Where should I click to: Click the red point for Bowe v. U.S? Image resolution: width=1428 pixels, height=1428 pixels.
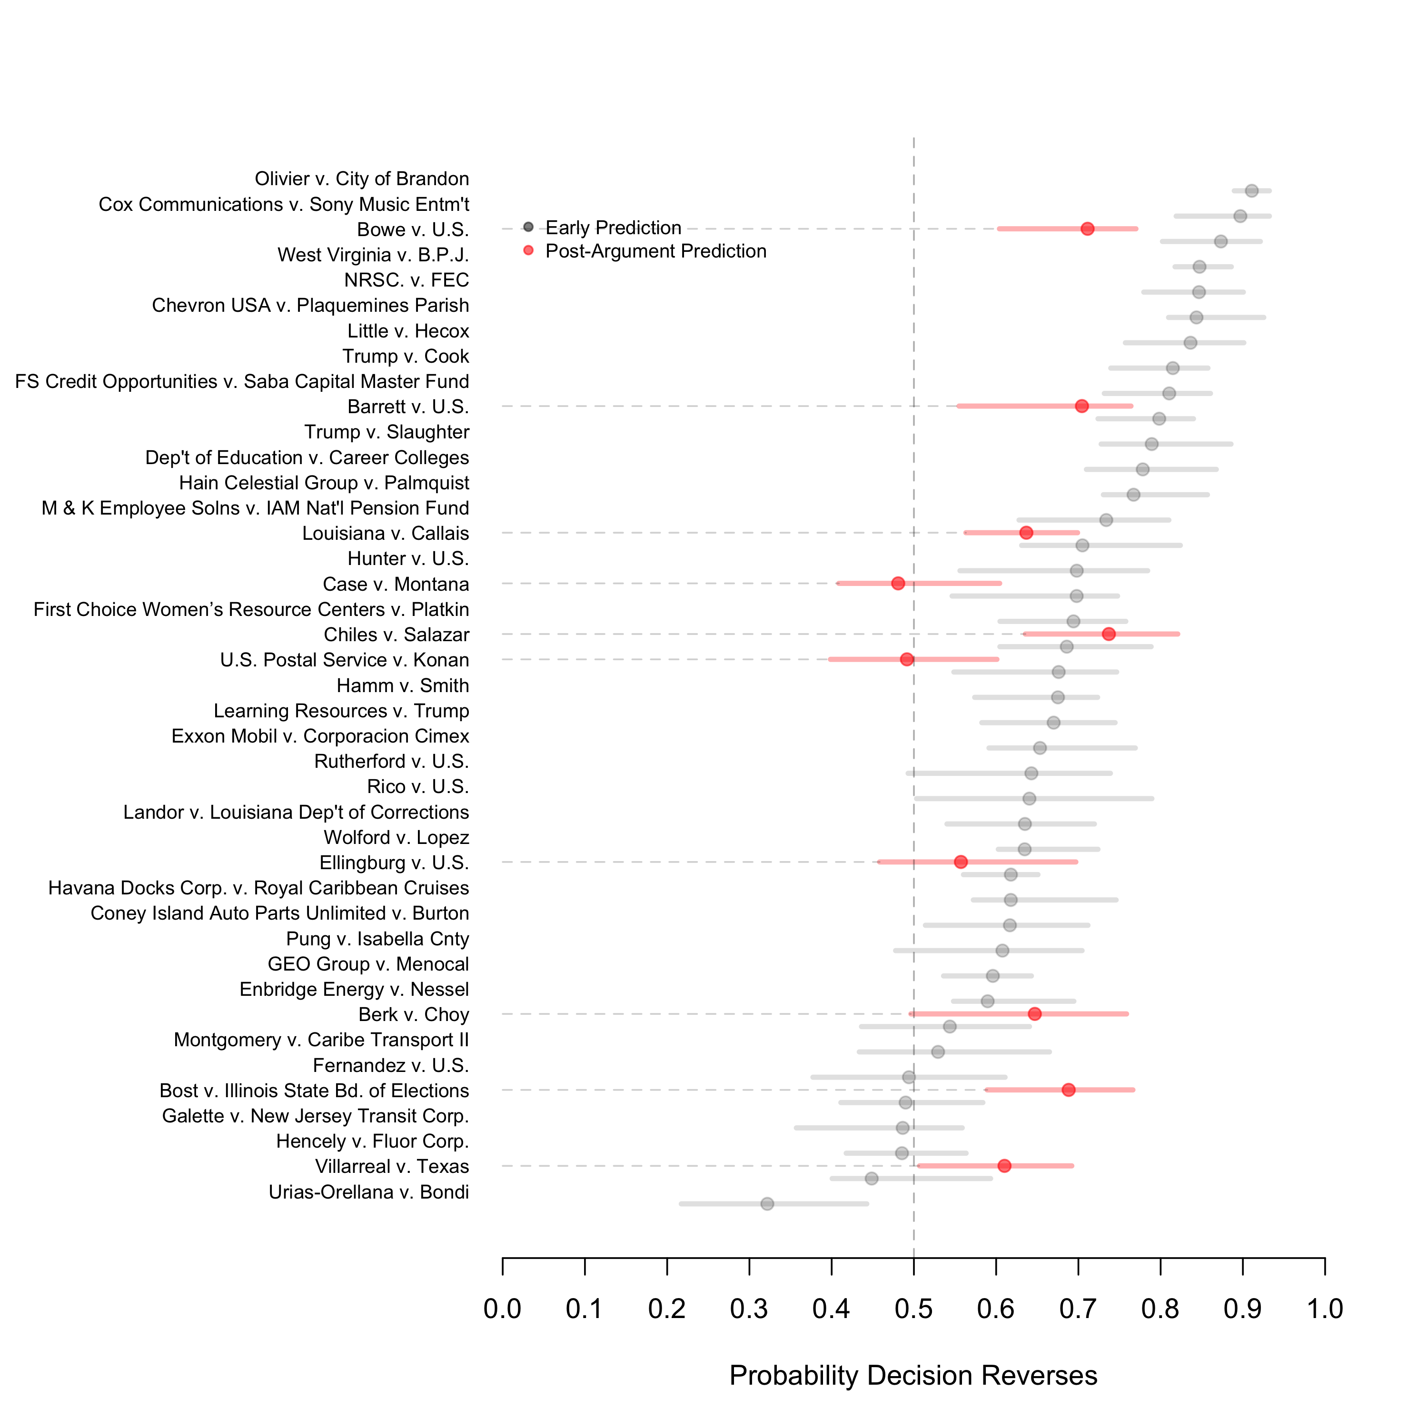[1087, 229]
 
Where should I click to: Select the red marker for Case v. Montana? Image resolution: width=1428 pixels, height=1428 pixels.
[898, 583]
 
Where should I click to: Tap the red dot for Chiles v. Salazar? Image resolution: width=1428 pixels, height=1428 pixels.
[1109, 634]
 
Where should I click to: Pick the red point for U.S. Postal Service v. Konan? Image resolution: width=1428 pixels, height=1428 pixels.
[907, 659]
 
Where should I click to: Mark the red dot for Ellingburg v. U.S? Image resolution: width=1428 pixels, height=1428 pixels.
[961, 862]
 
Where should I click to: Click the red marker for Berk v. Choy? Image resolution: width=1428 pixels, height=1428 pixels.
[1035, 1014]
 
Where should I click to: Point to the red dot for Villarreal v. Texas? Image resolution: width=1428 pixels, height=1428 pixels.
[1004, 1166]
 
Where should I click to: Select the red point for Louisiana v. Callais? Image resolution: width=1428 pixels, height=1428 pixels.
[1026, 533]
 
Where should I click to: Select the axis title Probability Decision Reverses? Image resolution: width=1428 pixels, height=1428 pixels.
[913, 1376]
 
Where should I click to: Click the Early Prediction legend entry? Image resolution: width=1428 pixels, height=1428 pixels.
[613, 228]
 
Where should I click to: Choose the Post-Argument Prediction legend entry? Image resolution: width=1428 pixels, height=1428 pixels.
[655, 251]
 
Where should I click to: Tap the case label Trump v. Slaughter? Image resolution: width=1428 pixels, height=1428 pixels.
[387, 432]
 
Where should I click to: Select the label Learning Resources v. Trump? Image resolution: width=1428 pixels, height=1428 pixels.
[341, 711]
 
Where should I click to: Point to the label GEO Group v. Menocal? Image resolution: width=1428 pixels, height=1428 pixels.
[368, 964]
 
